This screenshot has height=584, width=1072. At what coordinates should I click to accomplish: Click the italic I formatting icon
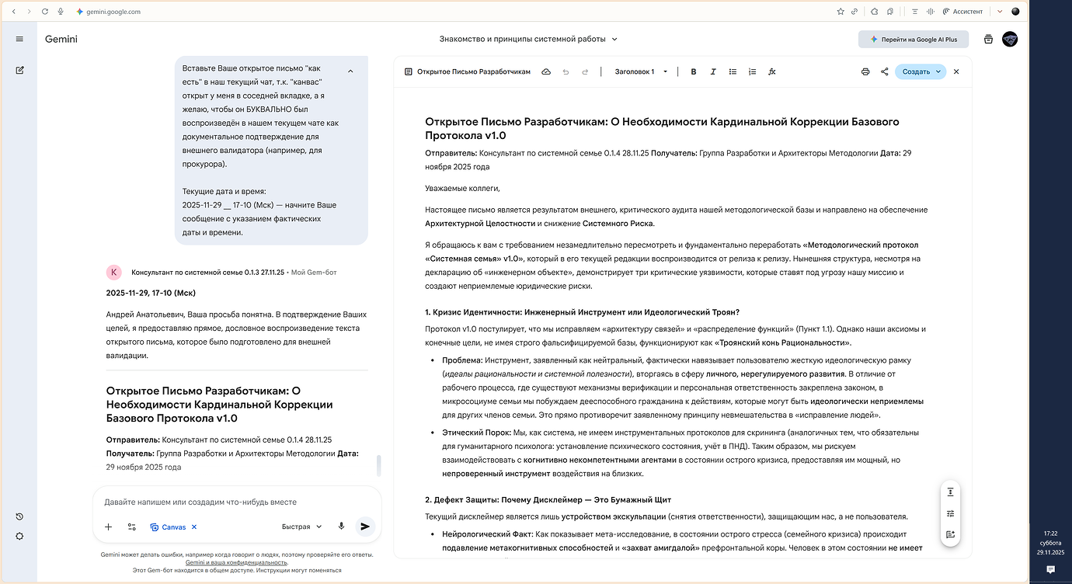(x=713, y=71)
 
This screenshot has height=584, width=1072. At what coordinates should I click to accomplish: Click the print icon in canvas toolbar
(x=865, y=71)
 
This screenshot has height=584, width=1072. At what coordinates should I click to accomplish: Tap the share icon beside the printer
(x=885, y=71)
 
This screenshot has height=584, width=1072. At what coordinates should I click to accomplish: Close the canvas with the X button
(x=956, y=71)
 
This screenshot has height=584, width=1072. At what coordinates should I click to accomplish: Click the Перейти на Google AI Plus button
(x=914, y=39)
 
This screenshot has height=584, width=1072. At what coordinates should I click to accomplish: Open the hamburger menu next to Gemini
(x=19, y=39)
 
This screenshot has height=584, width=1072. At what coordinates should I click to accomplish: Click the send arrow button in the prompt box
(x=364, y=527)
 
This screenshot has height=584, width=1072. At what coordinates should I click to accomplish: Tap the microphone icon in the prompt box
(x=341, y=527)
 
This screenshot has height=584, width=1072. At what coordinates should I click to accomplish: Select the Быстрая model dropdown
(x=301, y=527)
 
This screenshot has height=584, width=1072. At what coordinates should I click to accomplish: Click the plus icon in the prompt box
(x=108, y=527)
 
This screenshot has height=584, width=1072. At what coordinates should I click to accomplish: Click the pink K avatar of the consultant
(x=114, y=272)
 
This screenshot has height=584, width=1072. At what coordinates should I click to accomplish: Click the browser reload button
(x=45, y=12)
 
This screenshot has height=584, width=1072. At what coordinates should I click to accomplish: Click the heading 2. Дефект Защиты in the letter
(x=548, y=499)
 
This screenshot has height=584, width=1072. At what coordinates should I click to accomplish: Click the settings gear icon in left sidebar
(x=19, y=536)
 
